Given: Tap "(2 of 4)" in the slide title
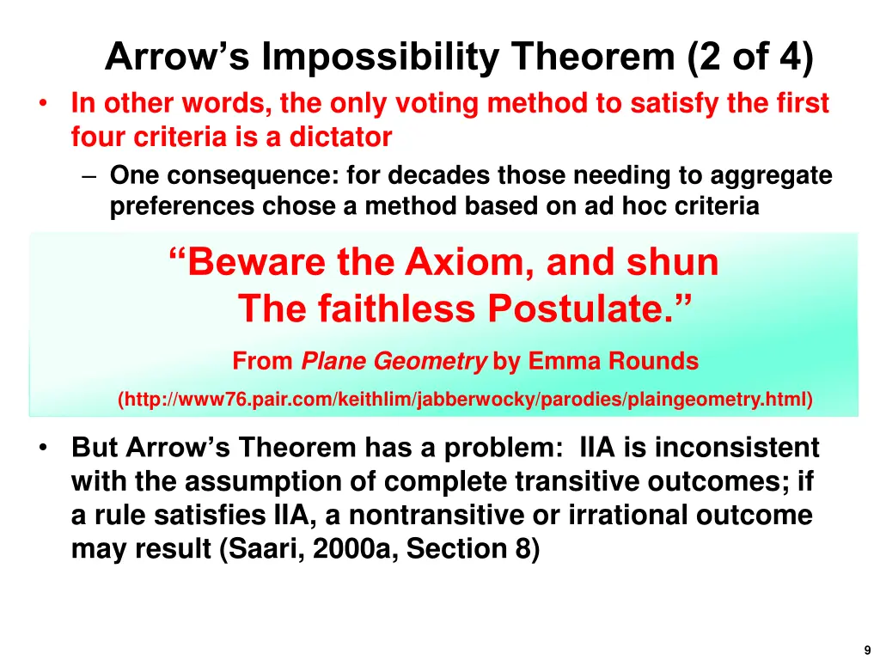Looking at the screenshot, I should pos(749,58).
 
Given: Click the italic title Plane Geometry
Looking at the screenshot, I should pos(394,362).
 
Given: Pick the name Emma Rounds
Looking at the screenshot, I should pos(613,362).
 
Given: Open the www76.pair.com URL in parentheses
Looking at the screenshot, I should pos(465,400).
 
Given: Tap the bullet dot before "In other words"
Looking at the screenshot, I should pos(42,105).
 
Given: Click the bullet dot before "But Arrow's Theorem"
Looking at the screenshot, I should pos(42,449).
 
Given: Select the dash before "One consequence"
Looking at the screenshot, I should pos(91,176).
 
